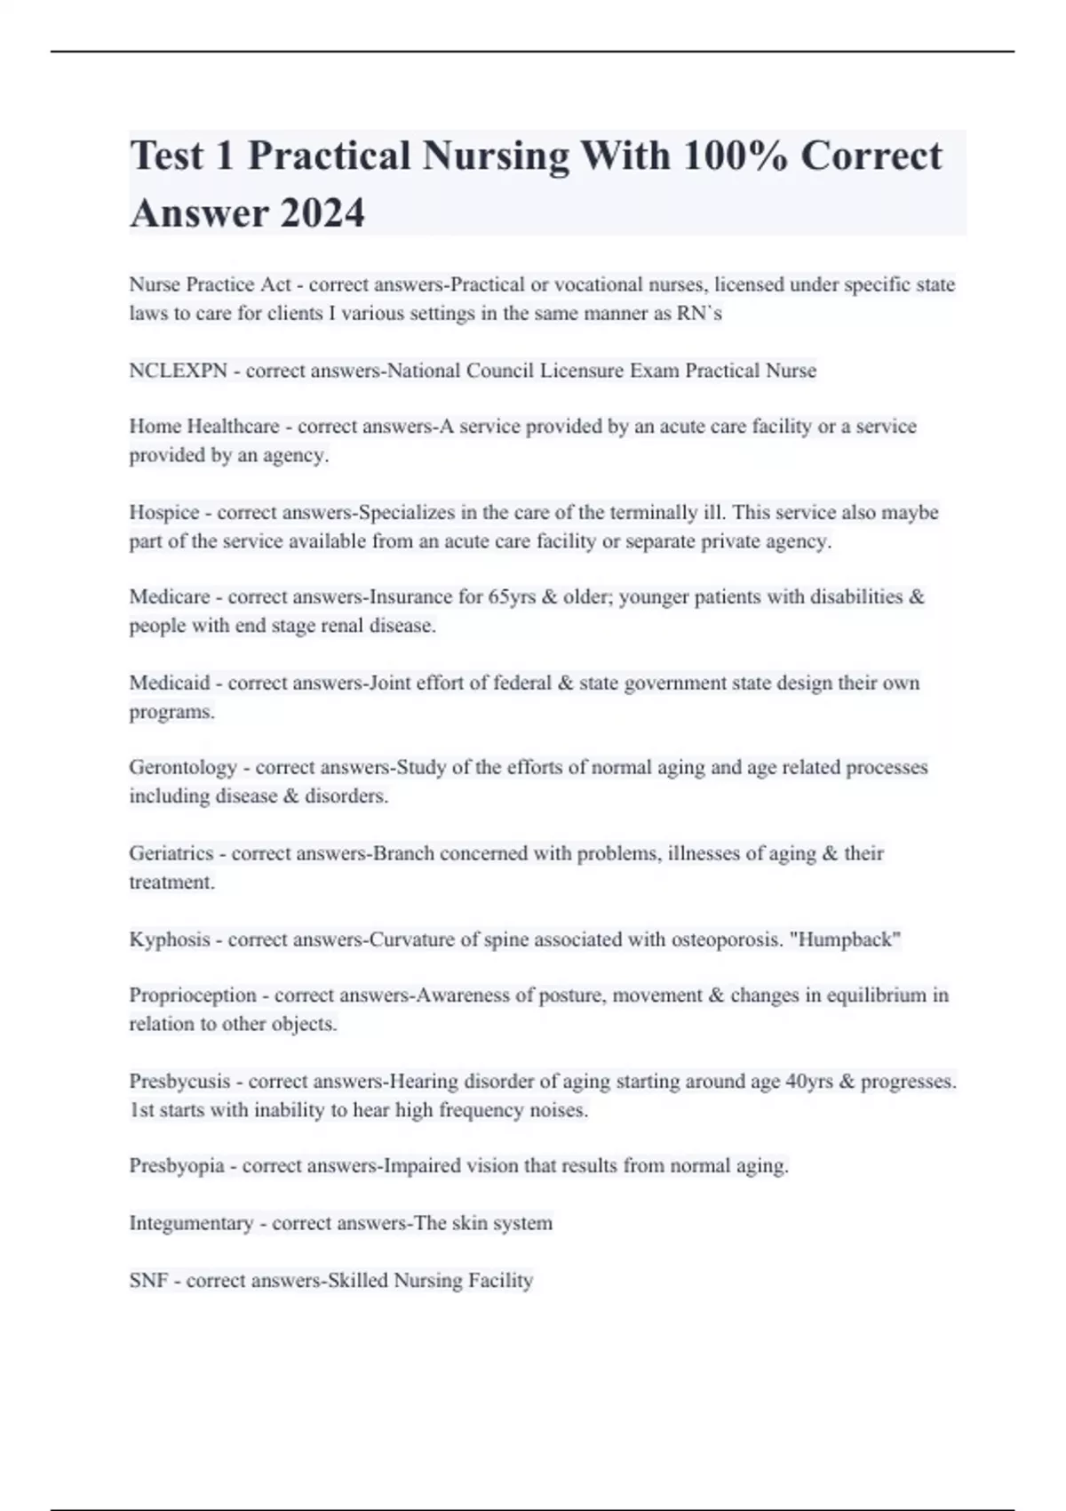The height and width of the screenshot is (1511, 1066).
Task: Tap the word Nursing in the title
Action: pos(496,156)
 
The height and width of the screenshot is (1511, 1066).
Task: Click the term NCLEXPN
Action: pos(178,371)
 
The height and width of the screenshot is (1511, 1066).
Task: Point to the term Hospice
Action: pos(164,513)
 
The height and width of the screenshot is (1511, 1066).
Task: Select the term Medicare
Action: pos(170,597)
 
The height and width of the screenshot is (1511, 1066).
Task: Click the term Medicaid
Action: pos(170,684)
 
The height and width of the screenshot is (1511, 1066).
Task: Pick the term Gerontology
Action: pos(183,767)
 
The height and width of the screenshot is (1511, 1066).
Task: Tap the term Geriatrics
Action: pos(171,853)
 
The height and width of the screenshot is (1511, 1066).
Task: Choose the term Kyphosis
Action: pos(170,939)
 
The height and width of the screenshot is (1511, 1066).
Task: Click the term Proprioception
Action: pos(193,995)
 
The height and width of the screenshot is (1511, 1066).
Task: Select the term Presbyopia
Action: pos(177,1166)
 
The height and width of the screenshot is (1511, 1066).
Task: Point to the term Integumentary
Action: pos(191,1224)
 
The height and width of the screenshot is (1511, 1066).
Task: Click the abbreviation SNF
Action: pos(148,1281)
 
